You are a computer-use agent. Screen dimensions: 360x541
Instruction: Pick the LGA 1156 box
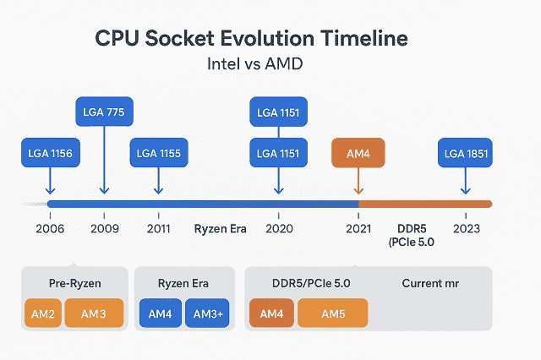pyautogui.click(x=49, y=154)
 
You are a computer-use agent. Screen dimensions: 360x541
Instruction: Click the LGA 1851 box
pyautogui.click(x=465, y=154)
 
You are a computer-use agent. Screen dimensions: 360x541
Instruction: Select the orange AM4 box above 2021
pyautogui.click(x=359, y=154)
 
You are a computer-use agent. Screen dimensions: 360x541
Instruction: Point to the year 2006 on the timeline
pyautogui.click(x=49, y=228)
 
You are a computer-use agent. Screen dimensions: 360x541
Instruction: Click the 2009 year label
pyautogui.click(x=104, y=228)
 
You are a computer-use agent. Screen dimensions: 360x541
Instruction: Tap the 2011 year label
pyautogui.click(x=159, y=228)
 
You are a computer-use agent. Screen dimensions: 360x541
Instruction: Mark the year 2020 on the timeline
pyautogui.click(x=278, y=228)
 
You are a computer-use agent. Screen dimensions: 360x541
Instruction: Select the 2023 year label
pyautogui.click(x=465, y=228)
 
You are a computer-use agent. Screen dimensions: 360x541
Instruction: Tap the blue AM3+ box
pyautogui.click(x=207, y=313)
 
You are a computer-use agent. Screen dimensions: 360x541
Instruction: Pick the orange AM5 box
pyautogui.click(x=332, y=313)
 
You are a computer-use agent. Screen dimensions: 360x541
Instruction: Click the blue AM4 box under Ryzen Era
pyautogui.click(x=160, y=313)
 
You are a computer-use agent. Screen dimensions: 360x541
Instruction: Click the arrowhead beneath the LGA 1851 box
pyautogui.click(x=464, y=192)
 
